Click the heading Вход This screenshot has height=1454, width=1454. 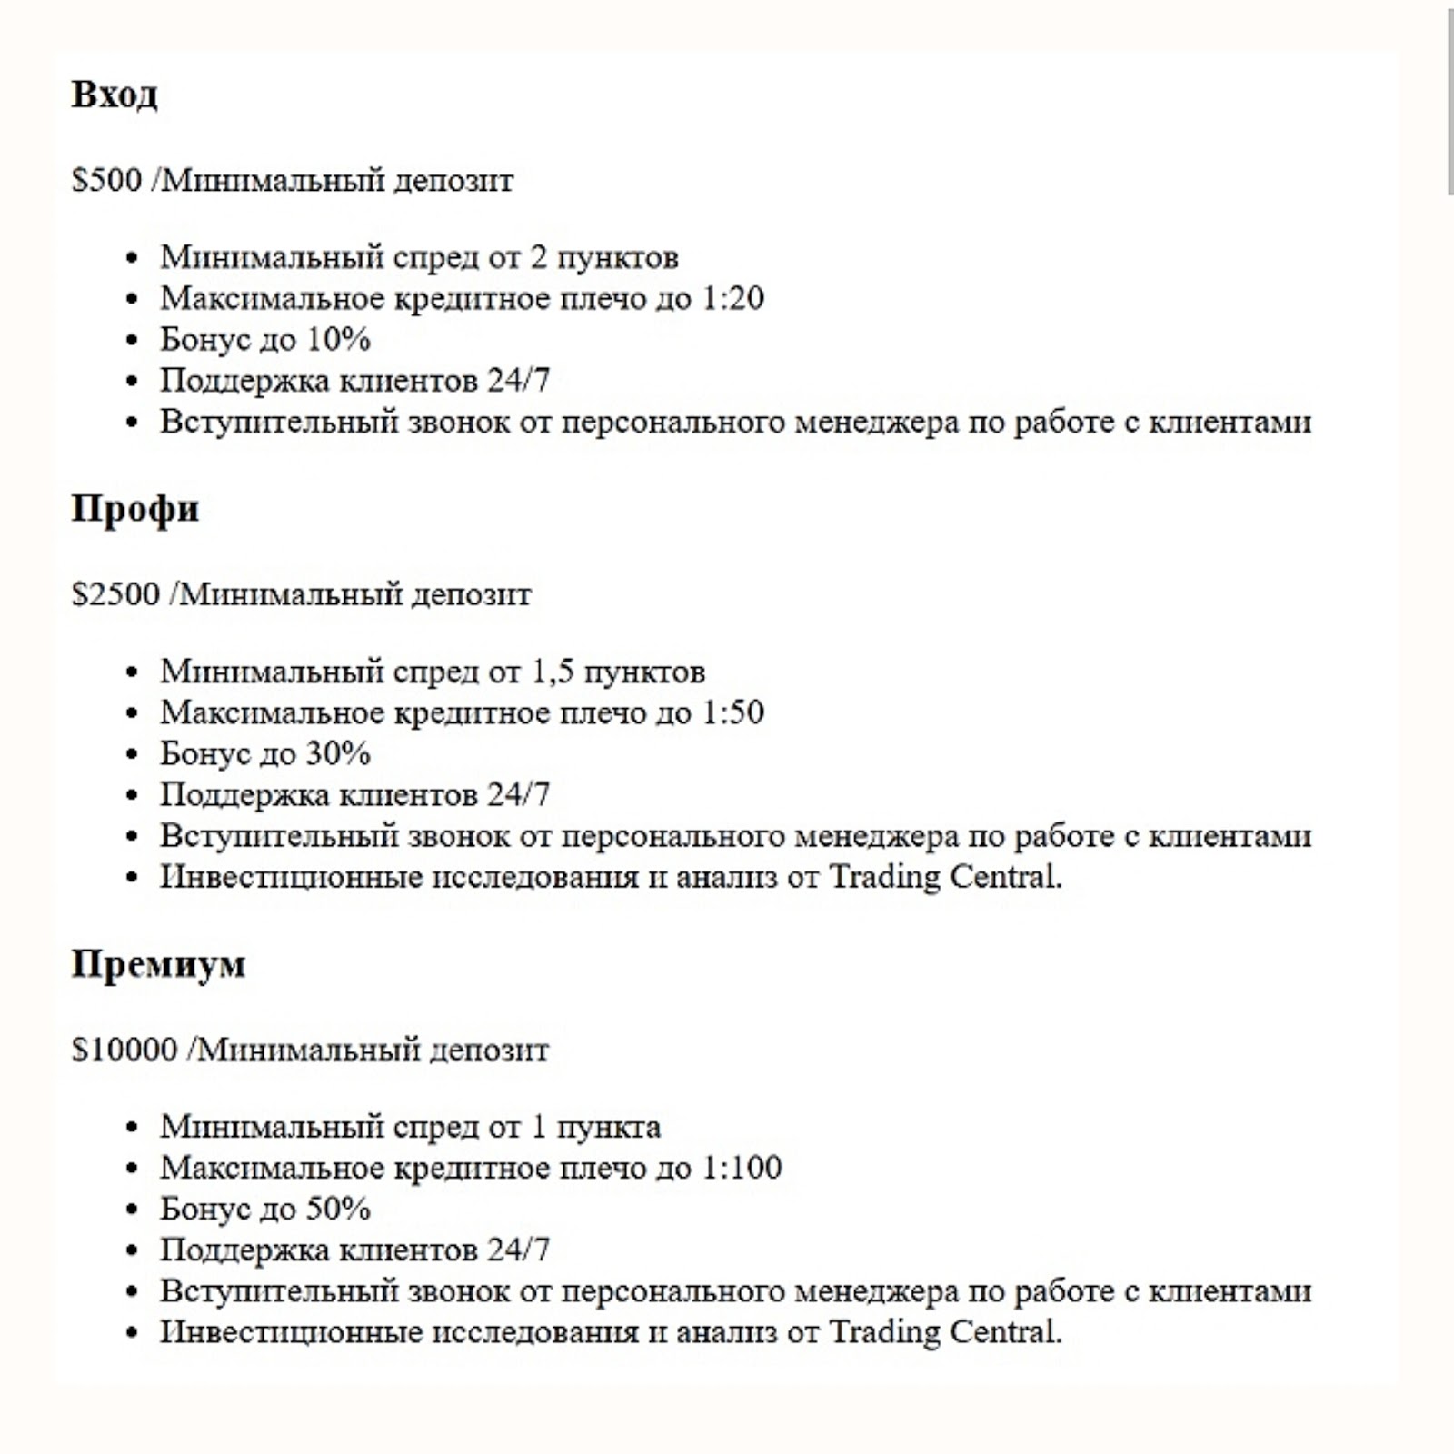[115, 95]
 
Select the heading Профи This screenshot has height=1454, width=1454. [134, 509]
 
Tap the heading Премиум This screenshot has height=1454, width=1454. [158, 964]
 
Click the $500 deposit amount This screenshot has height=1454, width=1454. [107, 180]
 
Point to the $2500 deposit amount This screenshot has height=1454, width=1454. [116, 594]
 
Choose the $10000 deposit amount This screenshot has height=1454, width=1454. [124, 1050]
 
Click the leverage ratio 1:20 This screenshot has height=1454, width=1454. [733, 298]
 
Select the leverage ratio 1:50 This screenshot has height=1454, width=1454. [733, 712]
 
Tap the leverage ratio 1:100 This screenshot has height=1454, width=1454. [742, 1168]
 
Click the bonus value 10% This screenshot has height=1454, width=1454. [338, 339]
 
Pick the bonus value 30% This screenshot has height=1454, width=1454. [338, 753]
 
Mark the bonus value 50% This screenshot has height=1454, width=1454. [338, 1209]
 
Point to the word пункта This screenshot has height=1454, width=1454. [608, 1128]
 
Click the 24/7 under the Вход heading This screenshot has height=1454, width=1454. [518, 380]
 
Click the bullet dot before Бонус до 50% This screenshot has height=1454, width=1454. [133, 1210]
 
